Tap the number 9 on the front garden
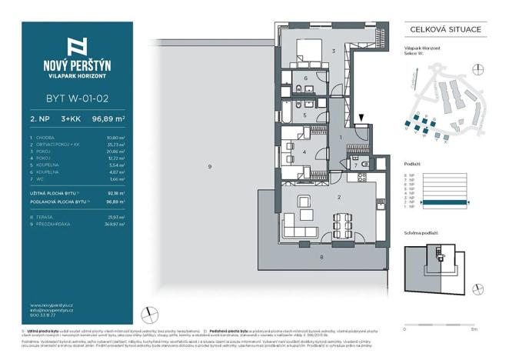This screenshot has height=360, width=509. [x=208, y=166]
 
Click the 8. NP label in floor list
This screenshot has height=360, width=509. [x=409, y=175]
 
